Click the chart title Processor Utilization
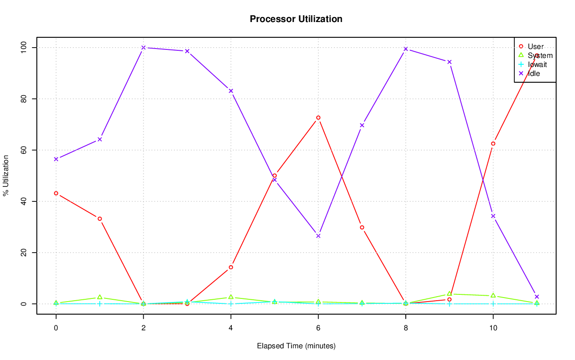[296, 19]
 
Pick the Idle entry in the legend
[534, 73]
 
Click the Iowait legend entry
[537, 64]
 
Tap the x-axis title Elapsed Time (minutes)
[296, 346]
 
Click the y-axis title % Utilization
[6, 175]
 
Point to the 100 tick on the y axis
[23, 48]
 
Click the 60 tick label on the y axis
[23, 150]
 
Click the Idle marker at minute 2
[143, 48]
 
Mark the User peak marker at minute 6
[318, 118]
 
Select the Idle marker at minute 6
[318, 236]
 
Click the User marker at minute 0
[56, 193]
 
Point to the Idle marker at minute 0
[56, 159]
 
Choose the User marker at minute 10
[493, 144]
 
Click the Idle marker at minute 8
[406, 49]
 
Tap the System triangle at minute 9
[449, 294]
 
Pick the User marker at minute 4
[231, 267]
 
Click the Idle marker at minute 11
[537, 297]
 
